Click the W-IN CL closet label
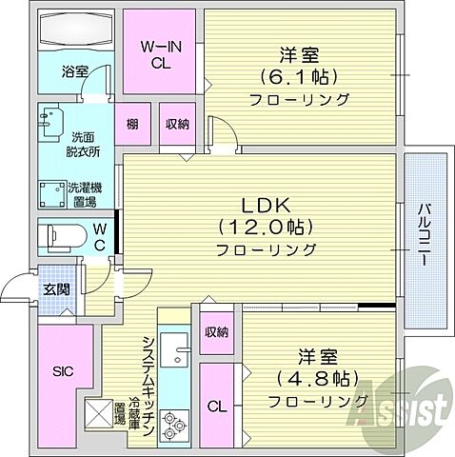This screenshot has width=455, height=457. [x=162, y=55]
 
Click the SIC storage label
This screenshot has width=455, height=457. [x=65, y=370]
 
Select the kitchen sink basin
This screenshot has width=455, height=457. [x=176, y=354]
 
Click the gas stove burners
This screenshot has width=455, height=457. [x=176, y=425]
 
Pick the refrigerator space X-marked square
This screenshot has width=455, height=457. [x=98, y=415]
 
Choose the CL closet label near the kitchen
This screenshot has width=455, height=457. [x=217, y=407]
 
